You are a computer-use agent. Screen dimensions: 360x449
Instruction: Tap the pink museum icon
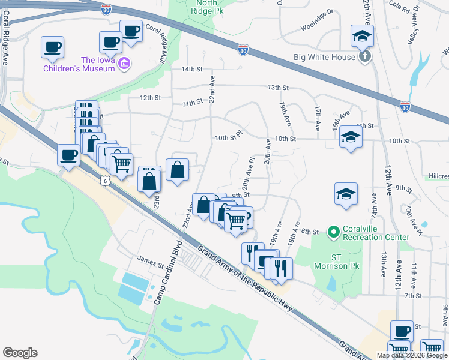coord(125,63)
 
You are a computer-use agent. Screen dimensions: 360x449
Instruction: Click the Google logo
coord(20,352)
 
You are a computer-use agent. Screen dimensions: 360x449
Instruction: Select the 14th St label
coord(192,69)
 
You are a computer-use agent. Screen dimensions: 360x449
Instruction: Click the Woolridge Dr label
coord(317,28)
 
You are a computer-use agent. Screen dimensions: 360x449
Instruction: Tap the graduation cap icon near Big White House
coord(363,35)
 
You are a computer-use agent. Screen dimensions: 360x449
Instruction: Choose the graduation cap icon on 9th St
coord(346,193)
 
